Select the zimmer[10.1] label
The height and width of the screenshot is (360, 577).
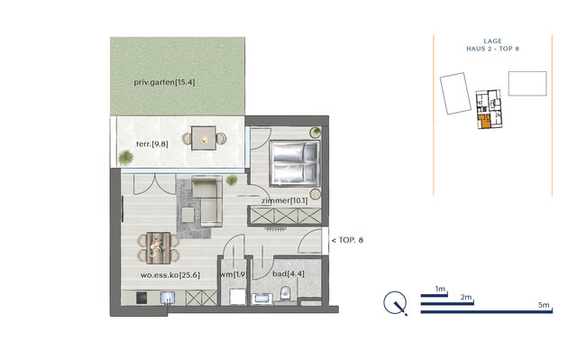pos(286,200)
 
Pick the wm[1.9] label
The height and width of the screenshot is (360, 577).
pos(234,274)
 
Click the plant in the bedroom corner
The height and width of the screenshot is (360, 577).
pos(315,133)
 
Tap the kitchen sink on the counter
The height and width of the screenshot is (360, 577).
pos(166,297)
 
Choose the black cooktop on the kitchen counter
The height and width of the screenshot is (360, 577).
pos(142,297)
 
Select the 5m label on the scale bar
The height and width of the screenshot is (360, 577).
pos(543,307)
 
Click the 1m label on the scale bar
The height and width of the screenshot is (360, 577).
pos(441,288)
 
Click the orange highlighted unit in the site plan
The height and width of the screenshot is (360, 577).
pos(485,122)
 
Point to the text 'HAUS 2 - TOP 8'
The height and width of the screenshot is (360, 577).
pos(491,49)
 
